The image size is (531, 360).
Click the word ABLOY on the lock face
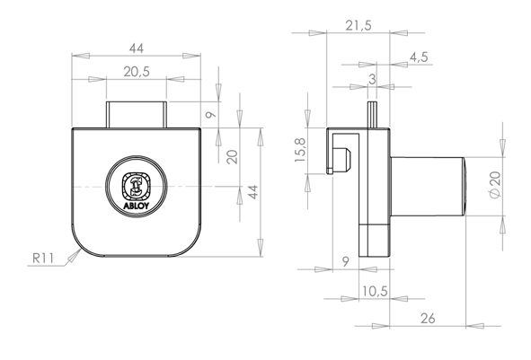(x=136, y=206)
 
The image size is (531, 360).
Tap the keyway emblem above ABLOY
(x=136, y=186)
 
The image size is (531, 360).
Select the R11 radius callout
(x=42, y=259)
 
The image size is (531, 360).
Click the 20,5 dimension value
(x=137, y=72)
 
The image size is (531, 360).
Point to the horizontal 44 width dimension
(x=137, y=48)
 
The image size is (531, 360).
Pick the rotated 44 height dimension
(x=253, y=192)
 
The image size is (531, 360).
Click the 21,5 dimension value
(x=358, y=25)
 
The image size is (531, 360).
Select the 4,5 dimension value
(x=419, y=57)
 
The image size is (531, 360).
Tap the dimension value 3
(x=372, y=79)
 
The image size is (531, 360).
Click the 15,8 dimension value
(x=300, y=150)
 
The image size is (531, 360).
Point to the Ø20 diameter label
(x=495, y=185)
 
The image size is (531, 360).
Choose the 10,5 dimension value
(x=375, y=291)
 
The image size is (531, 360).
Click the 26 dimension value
(x=428, y=319)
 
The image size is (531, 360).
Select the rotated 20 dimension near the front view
(x=233, y=157)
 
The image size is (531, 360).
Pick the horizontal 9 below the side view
(x=345, y=261)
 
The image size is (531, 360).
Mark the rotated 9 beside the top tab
(x=210, y=115)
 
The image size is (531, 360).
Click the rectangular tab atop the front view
(x=137, y=115)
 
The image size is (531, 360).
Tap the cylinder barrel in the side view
(x=428, y=186)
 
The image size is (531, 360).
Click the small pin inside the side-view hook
(x=341, y=158)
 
